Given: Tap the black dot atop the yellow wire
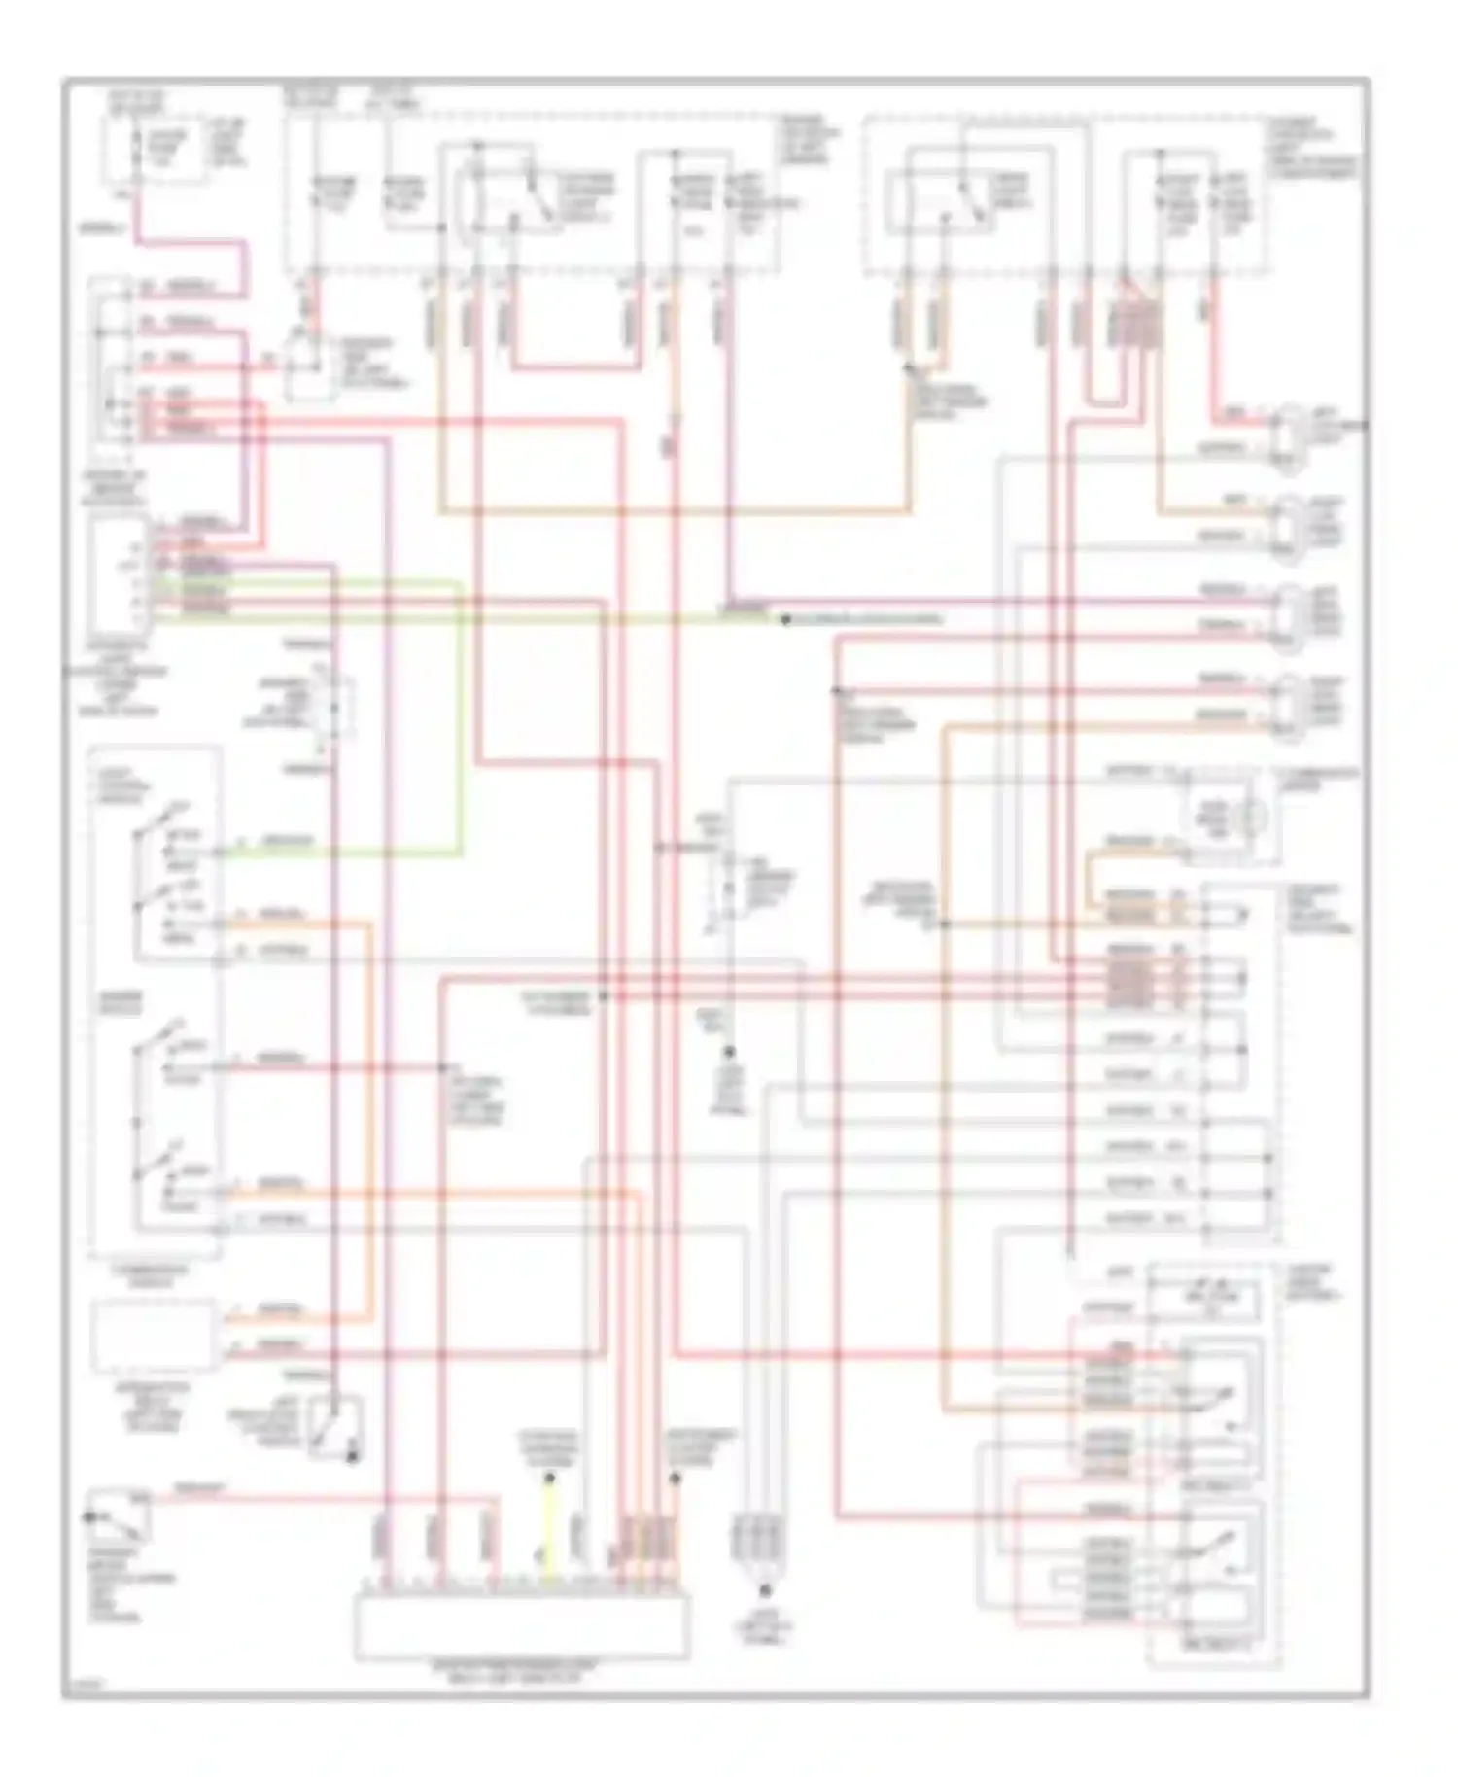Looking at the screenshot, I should [x=549, y=1478].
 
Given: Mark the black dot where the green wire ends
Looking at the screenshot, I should [x=785, y=619].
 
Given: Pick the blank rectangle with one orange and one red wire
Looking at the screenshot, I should [x=154, y=1337].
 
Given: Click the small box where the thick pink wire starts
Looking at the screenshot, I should [x=156, y=151].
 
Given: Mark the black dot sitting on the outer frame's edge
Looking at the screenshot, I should [x=1367, y=425].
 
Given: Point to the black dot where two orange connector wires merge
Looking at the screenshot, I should [x=909, y=370].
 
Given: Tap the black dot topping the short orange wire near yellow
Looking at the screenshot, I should [x=675, y=1478].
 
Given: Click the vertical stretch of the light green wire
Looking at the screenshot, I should [x=460, y=719].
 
